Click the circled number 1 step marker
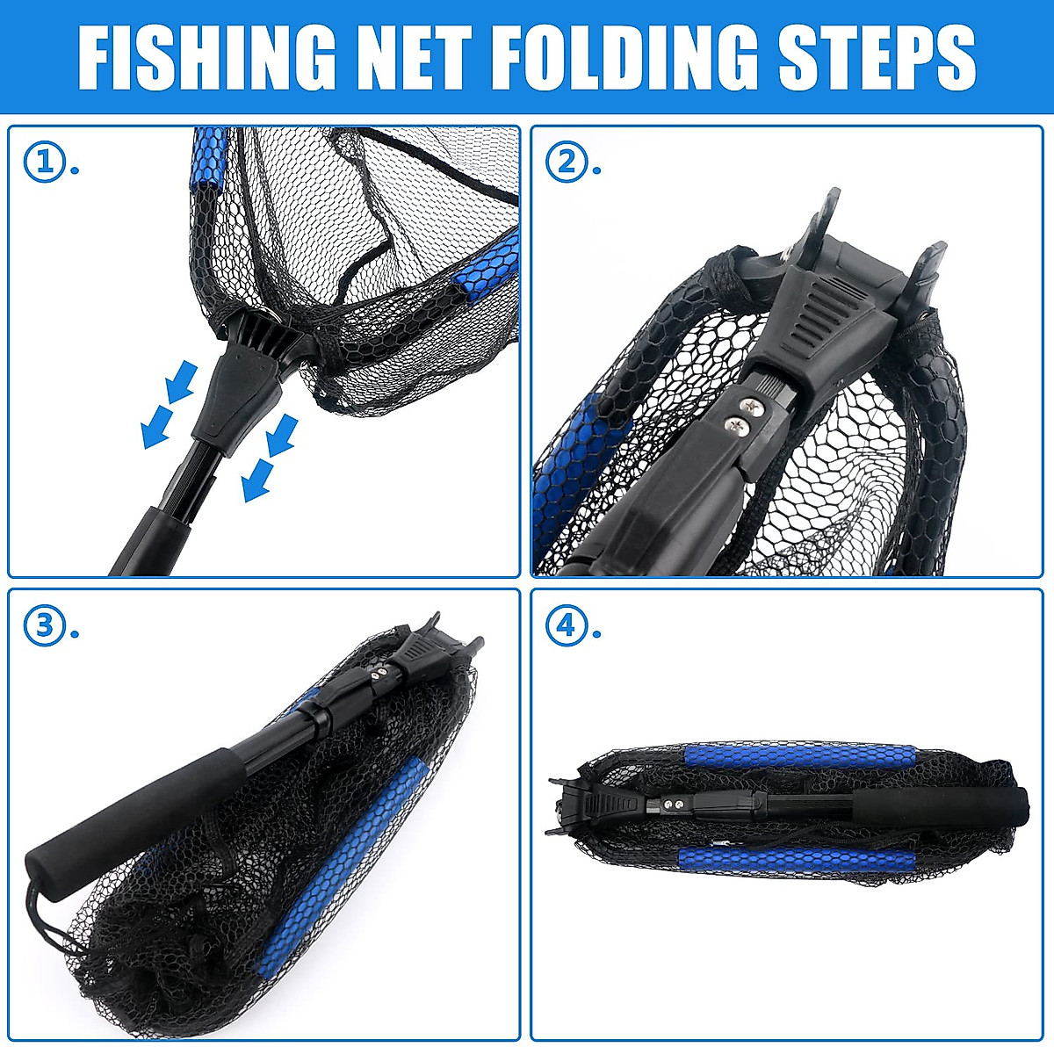click(x=44, y=162)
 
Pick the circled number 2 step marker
click(x=567, y=162)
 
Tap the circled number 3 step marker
click(x=44, y=626)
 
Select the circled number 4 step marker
click(x=567, y=626)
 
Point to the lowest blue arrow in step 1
click(x=256, y=482)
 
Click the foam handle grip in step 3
click(x=123, y=812)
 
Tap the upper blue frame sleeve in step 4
click(x=799, y=756)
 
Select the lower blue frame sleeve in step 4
click(x=795, y=860)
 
